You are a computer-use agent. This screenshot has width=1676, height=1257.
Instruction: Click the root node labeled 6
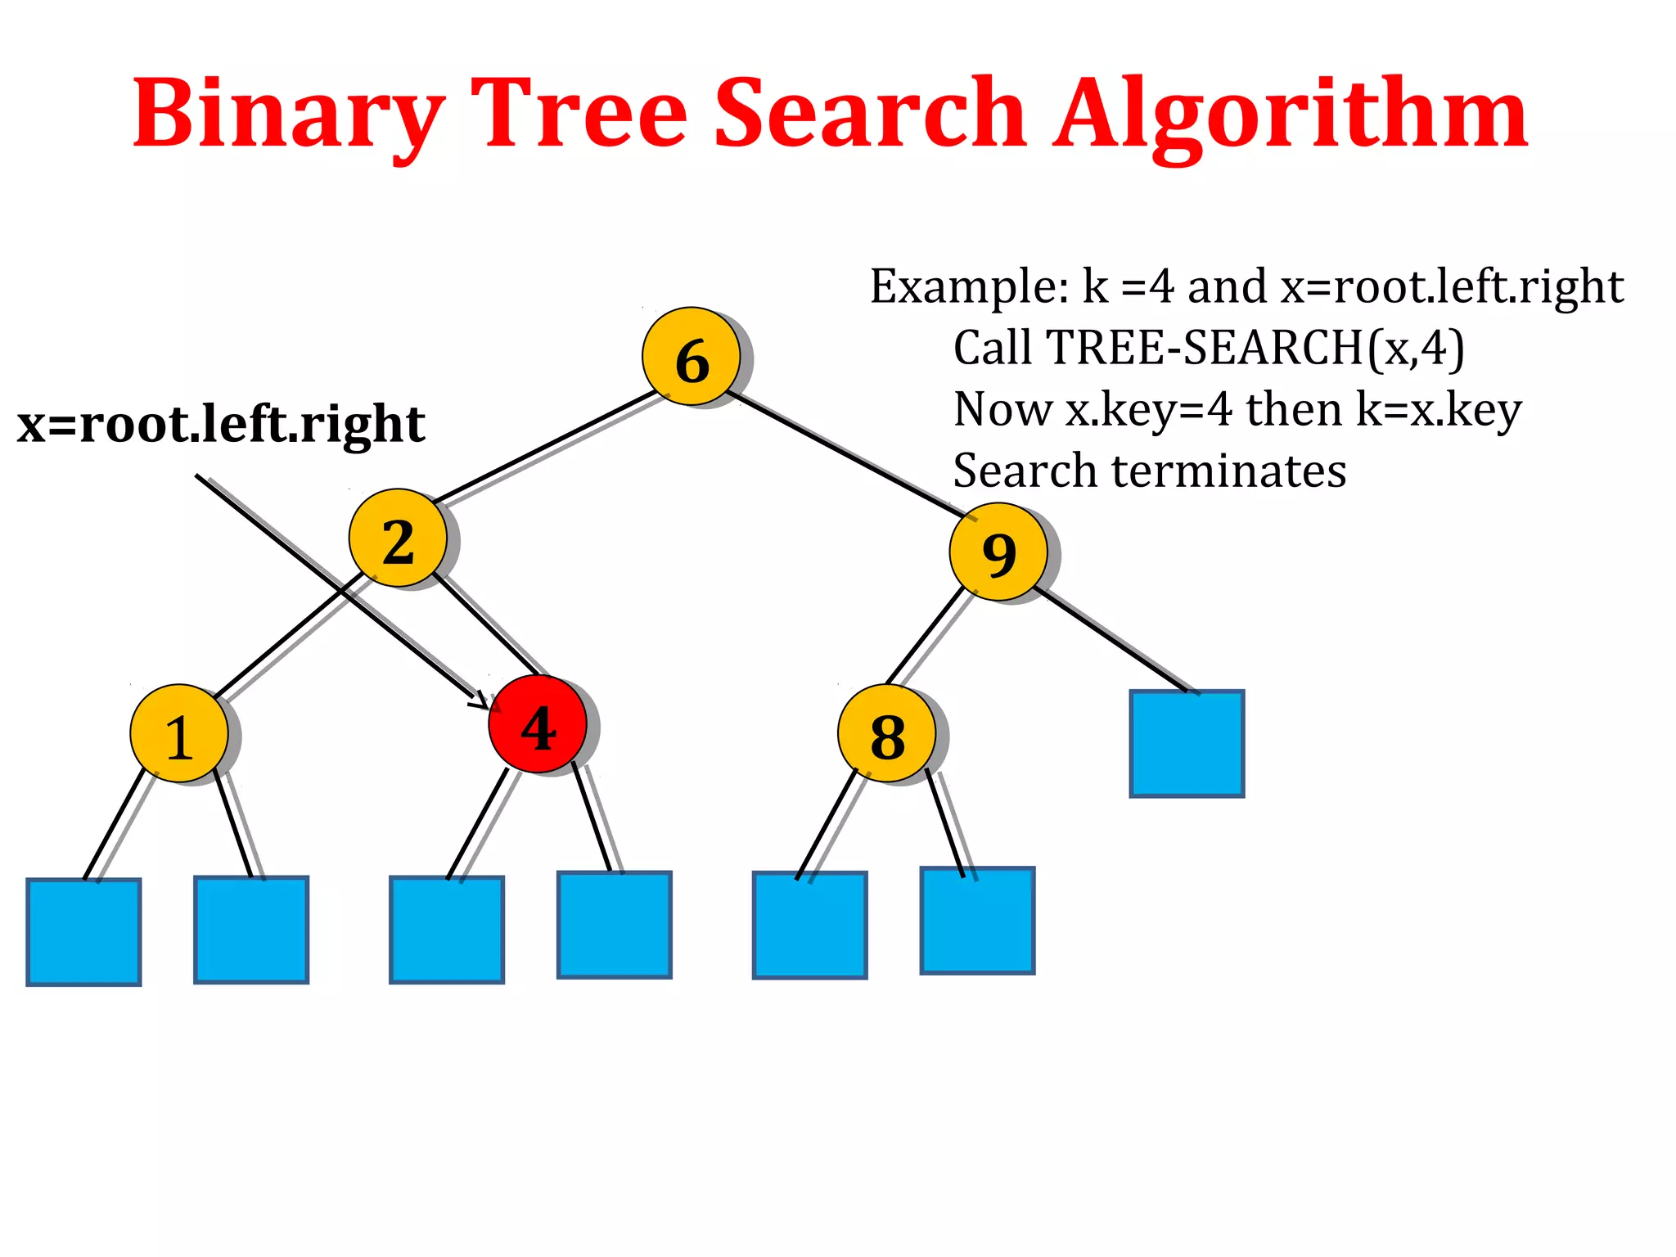coord(692,357)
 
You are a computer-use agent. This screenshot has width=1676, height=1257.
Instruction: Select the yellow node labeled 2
coord(398,538)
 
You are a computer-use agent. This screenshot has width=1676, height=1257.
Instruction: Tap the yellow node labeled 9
coord(998,552)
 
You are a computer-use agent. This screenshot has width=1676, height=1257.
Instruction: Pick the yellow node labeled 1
coord(179,733)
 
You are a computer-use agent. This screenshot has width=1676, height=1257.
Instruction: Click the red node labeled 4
coord(538,724)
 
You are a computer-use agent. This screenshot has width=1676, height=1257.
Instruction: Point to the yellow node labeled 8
coord(887,733)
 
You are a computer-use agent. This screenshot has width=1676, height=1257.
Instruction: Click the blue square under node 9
coord(1187,743)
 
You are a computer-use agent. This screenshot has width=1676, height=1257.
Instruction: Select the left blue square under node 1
coord(83,931)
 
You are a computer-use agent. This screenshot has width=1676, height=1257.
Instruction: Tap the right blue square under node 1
coord(251,929)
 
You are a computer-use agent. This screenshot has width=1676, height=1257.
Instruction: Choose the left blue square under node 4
coord(447,929)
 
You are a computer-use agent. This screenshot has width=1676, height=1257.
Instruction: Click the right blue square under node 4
coord(615,924)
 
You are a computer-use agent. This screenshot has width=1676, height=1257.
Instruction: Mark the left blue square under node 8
coord(809,925)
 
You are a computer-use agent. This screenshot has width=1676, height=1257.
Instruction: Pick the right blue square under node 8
coord(977,920)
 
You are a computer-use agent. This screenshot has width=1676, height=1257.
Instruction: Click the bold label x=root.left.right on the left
coord(221,424)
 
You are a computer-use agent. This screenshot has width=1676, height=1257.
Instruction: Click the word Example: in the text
coord(969,286)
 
